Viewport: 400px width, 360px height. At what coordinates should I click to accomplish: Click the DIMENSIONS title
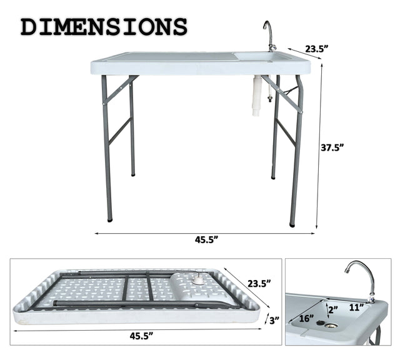(x=104, y=27)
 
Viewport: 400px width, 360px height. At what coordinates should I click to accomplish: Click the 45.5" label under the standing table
(x=206, y=239)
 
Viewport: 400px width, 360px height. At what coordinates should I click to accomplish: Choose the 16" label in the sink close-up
(x=307, y=317)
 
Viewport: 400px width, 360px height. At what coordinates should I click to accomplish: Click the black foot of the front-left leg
(x=110, y=219)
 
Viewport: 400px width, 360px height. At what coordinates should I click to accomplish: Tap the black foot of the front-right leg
(x=292, y=222)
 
